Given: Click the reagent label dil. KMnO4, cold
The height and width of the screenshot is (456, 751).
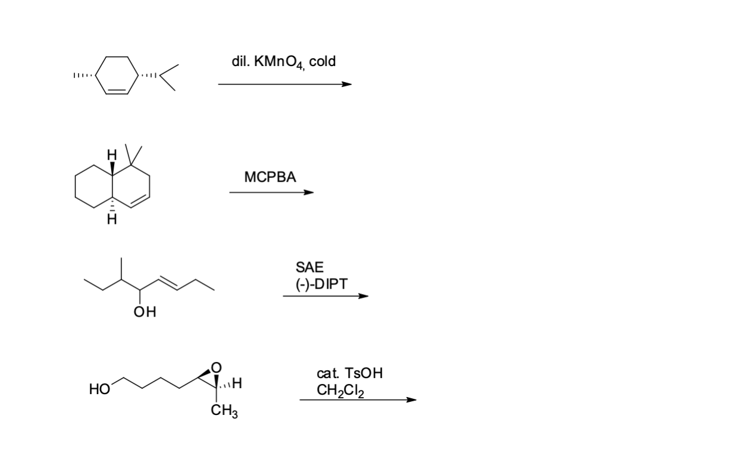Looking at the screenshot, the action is [283, 62].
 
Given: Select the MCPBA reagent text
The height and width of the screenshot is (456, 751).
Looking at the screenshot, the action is [270, 177].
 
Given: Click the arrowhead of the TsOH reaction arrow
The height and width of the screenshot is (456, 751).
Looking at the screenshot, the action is [411, 399].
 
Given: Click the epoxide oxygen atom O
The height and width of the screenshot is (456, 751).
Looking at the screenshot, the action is [216, 365].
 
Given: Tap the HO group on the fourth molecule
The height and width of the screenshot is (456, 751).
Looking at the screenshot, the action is [99, 390].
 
